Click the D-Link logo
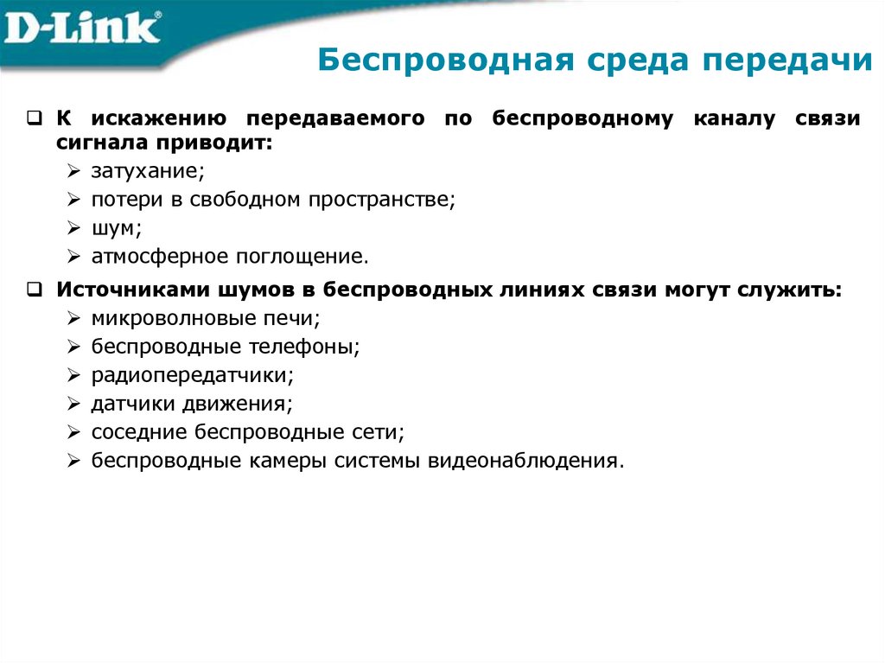83,29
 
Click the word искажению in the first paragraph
160,118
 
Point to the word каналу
734,118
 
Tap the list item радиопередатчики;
193,375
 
